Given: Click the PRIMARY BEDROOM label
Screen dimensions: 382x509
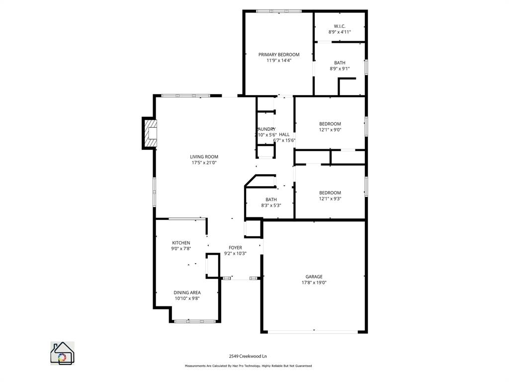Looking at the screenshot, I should tap(278, 55).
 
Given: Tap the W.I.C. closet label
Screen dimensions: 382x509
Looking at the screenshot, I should tap(339, 26).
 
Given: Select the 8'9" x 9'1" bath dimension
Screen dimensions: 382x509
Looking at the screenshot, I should tap(339, 69).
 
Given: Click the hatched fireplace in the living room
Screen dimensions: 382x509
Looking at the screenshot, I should tap(150, 133).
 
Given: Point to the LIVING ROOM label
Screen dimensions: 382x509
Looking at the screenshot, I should tap(204, 157).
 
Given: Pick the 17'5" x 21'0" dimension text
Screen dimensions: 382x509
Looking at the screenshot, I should tap(204, 163).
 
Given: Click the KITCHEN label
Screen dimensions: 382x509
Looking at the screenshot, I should tap(181, 243).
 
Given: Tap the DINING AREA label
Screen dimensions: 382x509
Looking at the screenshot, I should tap(187, 292).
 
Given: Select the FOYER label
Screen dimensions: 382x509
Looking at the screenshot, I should tap(235, 247).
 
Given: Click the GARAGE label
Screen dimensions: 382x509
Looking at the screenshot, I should tap(314, 277).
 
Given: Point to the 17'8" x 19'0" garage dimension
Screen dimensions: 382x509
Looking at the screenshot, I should tap(314, 283).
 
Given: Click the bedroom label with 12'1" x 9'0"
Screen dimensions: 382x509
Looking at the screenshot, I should tap(330, 124).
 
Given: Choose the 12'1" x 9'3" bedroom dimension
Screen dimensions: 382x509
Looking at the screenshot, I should tap(330, 198).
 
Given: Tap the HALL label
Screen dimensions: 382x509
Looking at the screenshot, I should tap(284, 134).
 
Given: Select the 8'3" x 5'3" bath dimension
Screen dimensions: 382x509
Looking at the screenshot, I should tap(271, 205).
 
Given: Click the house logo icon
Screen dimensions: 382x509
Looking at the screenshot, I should tap(62, 353).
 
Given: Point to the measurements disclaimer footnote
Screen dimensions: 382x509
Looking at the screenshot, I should tap(248, 366).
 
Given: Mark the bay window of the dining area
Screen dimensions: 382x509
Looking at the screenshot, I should tap(195, 321).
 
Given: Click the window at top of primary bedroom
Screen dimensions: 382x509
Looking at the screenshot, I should tap(278, 11).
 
